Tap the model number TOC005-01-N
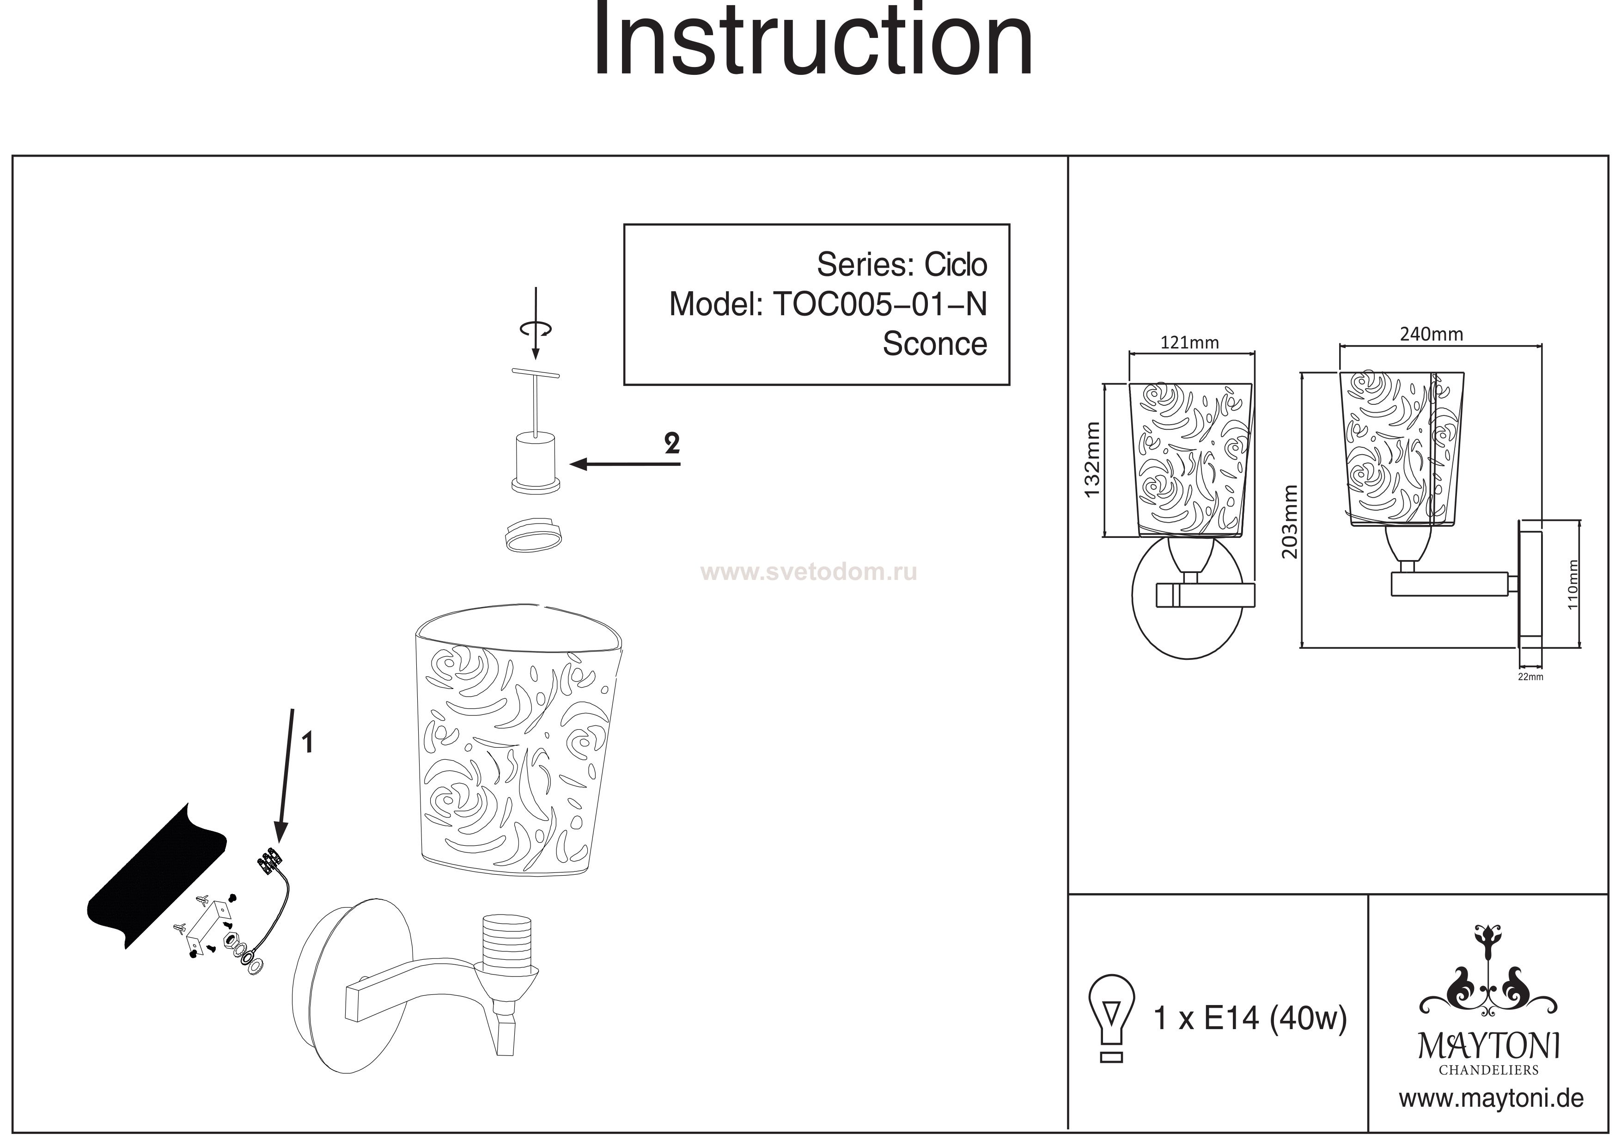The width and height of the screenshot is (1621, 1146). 880,305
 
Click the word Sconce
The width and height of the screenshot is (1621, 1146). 934,345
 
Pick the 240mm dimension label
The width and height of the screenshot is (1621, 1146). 1431,334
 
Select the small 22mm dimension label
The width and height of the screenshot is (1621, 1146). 1530,677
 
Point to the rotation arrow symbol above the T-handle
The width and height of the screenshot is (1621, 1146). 535,329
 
